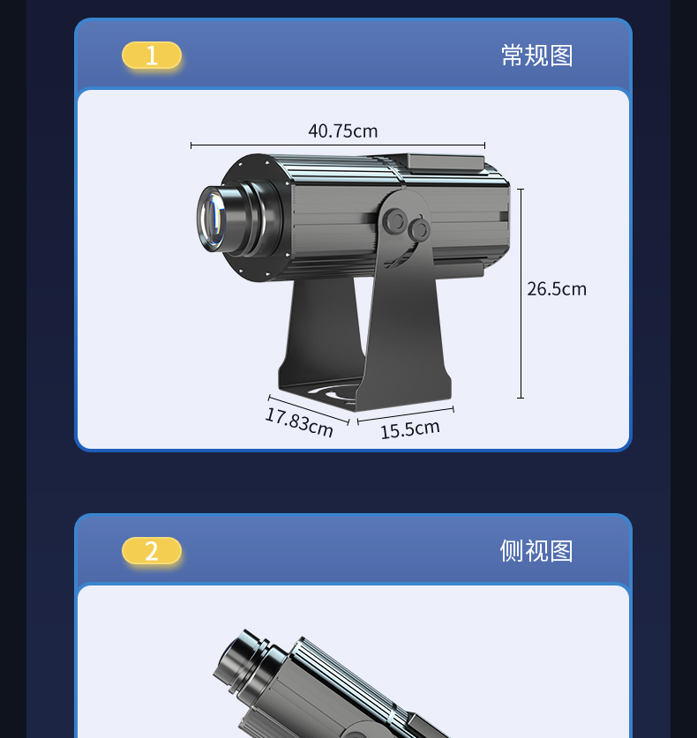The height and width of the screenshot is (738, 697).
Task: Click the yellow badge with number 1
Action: pyautogui.click(x=152, y=55)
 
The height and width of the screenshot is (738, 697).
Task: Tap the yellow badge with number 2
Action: pyautogui.click(x=152, y=550)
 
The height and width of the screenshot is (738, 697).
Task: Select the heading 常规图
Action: pyautogui.click(x=537, y=56)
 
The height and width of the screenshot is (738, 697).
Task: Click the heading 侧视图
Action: pyautogui.click(x=536, y=551)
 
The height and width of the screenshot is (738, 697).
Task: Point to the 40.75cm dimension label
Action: pyautogui.click(x=343, y=130)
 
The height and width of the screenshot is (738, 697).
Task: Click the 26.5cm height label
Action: pyautogui.click(x=557, y=289)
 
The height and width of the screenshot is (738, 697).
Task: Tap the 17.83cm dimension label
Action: pyautogui.click(x=299, y=422)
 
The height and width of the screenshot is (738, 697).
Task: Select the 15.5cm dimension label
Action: pyautogui.click(x=409, y=429)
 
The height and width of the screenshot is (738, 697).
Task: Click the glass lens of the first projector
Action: pyautogui.click(x=212, y=219)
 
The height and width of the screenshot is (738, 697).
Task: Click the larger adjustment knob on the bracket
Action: pyautogui.click(x=394, y=221)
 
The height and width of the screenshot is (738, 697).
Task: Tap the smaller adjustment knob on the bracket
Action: pyautogui.click(x=419, y=229)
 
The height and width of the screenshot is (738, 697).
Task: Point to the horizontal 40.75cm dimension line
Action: pyautogui.click(x=338, y=145)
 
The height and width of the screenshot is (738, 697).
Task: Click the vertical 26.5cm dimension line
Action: pyautogui.click(x=521, y=294)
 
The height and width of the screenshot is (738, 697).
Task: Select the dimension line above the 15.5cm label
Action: pyautogui.click(x=406, y=414)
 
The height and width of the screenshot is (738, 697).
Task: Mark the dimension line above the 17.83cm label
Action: pyautogui.click(x=309, y=410)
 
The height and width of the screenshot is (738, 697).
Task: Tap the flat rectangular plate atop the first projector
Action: pyautogui.click(x=445, y=161)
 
